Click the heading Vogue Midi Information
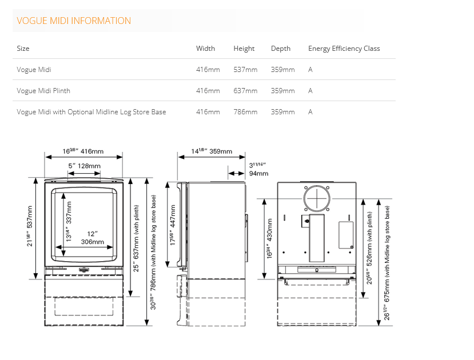(x=74, y=21)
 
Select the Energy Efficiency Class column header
(x=344, y=49)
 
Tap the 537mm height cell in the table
(x=245, y=70)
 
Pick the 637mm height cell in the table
(x=245, y=91)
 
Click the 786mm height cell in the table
(x=245, y=112)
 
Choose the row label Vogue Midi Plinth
(x=43, y=91)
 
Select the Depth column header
(x=281, y=49)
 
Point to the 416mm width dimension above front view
(x=83, y=151)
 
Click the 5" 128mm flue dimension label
(x=85, y=166)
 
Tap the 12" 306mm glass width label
(x=92, y=238)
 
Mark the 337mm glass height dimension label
(x=69, y=221)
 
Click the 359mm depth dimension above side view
(x=212, y=151)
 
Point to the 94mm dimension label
(x=258, y=170)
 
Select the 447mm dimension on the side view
(x=173, y=225)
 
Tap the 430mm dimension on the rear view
(x=269, y=239)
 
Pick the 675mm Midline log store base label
(x=387, y=263)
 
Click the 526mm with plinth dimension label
(x=369, y=248)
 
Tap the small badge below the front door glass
(x=83, y=269)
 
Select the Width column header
(x=206, y=49)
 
